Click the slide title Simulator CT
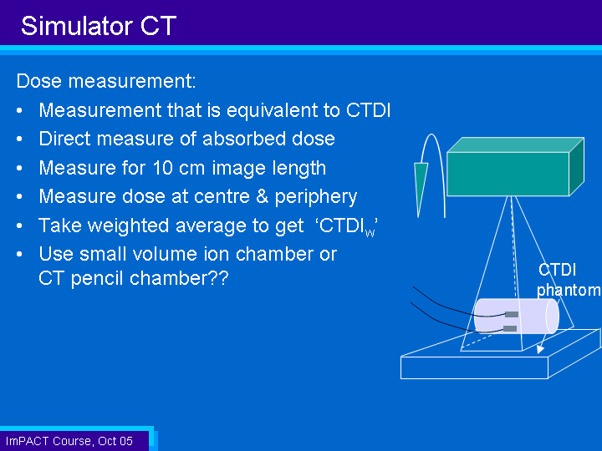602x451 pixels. [x=99, y=26]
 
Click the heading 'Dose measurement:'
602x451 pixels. [x=106, y=81]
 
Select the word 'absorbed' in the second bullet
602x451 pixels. [x=244, y=139]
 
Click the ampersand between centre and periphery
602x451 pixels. [x=262, y=196]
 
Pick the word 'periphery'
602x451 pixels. [x=315, y=197]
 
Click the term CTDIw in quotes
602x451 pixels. [x=347, y=226]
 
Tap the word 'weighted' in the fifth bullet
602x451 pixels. [x=128, y=225]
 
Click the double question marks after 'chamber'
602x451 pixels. [x=220, y=277]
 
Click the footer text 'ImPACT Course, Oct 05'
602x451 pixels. [x=69, y=441]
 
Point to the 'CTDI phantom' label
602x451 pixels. [x=568, y=280]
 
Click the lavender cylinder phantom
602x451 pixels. [x=517, y=317]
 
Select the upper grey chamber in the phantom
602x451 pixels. [x=512, y=315]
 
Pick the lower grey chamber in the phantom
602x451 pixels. [x=510, y=328]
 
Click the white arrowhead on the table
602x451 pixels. [x=540, y=349]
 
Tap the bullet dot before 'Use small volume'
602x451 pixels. [x=19, y=254]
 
